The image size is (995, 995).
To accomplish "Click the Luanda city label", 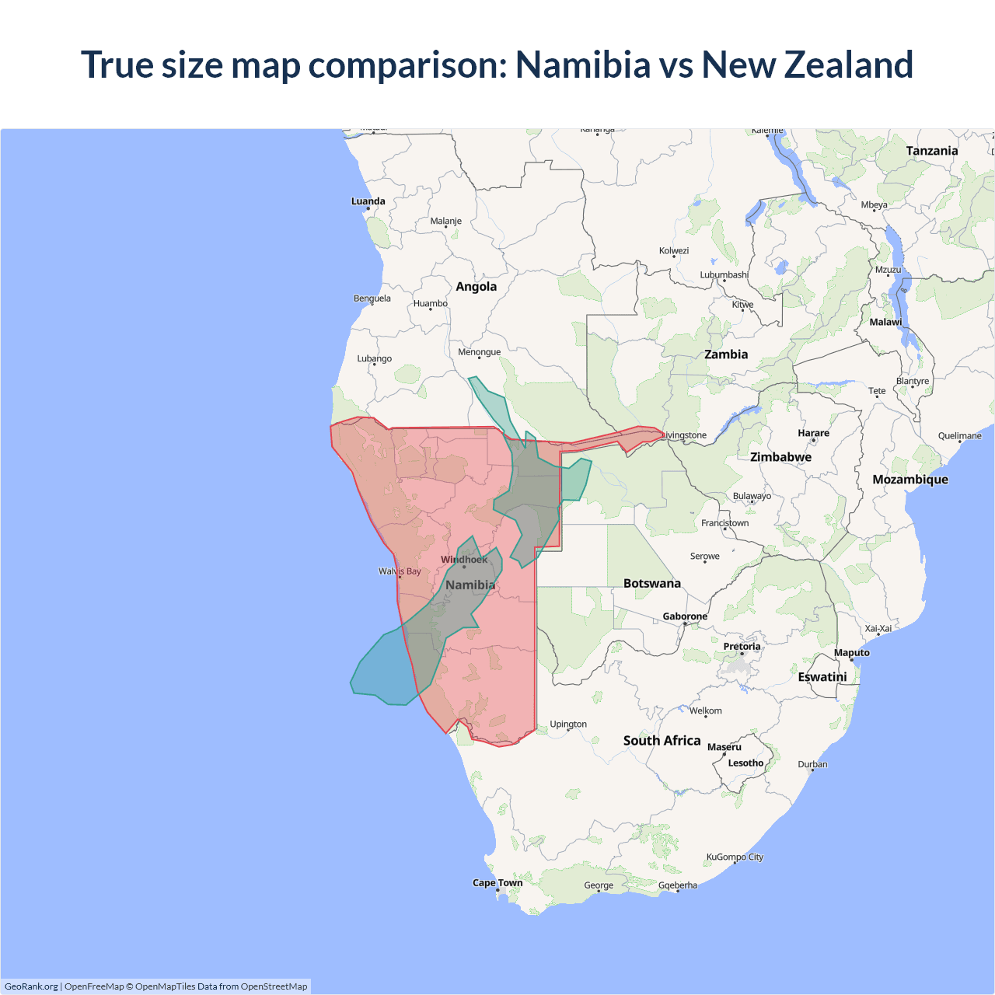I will [x=368, y=201].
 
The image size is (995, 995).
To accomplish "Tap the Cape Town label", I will [x=497, y=883].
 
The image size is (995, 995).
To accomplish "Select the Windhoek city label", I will [x=464, y=560].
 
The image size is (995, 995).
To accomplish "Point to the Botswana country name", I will [x=651, y=584].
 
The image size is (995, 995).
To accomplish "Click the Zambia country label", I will [x=726, y=354].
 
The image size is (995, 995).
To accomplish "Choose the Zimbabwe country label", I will [x=780, y=457].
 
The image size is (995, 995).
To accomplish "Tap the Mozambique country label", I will [x=909, y=480].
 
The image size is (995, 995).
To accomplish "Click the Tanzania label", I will [x=931, y=151].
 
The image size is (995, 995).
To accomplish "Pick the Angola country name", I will [x=476, y=287].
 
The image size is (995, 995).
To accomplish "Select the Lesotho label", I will [x=745, y=763].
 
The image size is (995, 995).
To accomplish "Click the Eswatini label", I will [x=822, y=677].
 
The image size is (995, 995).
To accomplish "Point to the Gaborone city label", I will [x=685, y=616].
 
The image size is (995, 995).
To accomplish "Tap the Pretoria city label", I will [x=742, y=647].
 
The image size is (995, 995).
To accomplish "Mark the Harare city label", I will [x=813, y=433].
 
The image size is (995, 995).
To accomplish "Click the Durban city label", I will [x=812, y=764].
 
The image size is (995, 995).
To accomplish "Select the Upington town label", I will [x=568, y=724].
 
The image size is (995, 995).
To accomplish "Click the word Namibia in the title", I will [x=583, y=65].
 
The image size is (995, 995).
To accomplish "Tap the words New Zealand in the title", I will [x=807, y=65].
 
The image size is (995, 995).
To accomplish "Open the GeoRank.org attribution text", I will [x=31, y=986].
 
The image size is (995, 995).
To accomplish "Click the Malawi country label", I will [x=885, y=322].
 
